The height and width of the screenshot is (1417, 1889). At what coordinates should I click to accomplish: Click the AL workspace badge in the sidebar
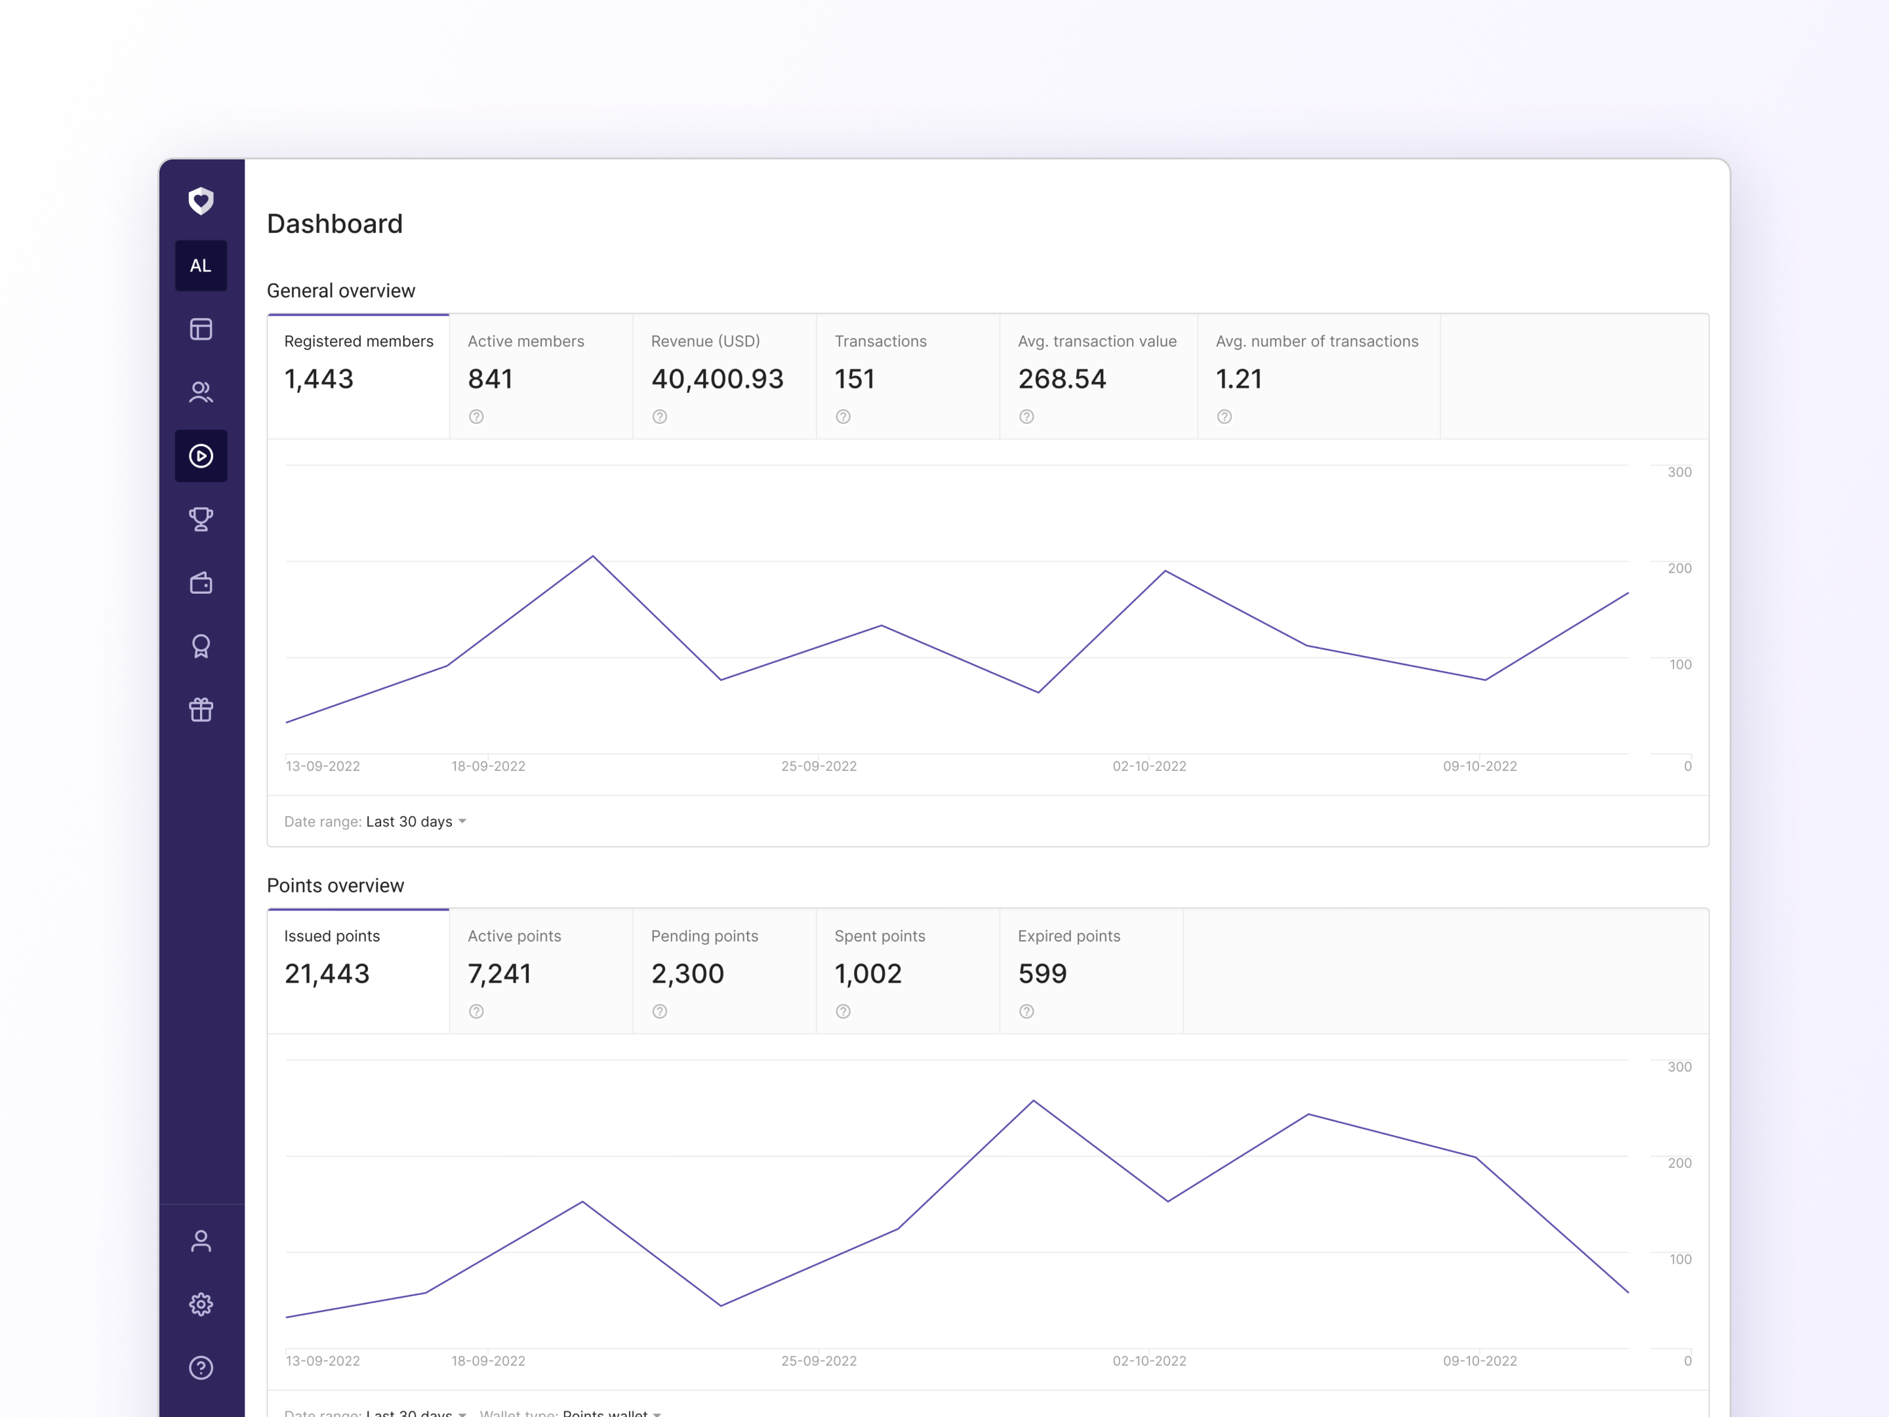click(x=201, y=266)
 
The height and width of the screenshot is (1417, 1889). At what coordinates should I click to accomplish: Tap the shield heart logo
click(x=201, y=201)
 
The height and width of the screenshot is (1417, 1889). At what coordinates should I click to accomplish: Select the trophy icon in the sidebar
click(x=201, y=520)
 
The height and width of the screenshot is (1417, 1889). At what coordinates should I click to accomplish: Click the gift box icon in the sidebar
click(x=201, y=710)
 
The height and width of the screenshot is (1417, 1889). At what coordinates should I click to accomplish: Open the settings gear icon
click(x=201, y=1304)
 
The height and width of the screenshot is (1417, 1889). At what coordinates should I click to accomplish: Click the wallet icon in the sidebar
click(x=201, y=583)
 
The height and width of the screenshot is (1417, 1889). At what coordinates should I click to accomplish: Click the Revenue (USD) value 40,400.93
click(x=716, y=379)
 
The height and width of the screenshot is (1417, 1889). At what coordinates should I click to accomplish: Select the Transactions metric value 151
click(x=854, y=379)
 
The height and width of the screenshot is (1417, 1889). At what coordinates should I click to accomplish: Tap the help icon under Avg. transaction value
click(x=1026, y=417)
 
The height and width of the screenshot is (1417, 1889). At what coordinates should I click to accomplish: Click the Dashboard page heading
click(x=335, y=224)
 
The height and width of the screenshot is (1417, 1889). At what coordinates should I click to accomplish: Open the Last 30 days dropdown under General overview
click(x=416, y=822)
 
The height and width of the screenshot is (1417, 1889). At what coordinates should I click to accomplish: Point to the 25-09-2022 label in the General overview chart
click(x=818, y=766)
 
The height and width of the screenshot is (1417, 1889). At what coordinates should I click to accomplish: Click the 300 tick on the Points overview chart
click(x=1679, y=1067)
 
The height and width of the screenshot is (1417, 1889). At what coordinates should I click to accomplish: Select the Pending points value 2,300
click(x=687, y=974)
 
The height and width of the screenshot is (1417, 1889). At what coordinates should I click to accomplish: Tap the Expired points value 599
click(x=1042, y=974)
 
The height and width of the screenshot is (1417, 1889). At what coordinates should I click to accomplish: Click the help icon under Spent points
click(x=843, y=1012)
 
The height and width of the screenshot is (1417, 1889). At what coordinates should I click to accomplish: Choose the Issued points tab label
click(x=331, y=936)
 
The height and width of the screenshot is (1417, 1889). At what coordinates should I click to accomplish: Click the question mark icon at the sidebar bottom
click(x=201, y=1367)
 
